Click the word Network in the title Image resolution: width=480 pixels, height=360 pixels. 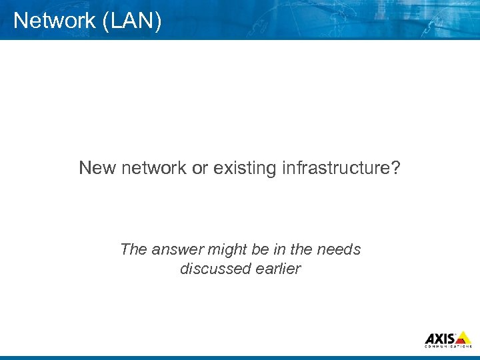[x=54, y=21]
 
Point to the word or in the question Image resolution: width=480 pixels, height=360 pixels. [x=200, y=168]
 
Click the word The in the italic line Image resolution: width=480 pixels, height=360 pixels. [x=133, y=250]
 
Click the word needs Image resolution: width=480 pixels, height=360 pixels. [x=339, y=250]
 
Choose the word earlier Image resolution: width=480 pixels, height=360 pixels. [x=278, y=269]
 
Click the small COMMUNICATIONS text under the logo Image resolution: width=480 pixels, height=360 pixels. [x=448, y=347]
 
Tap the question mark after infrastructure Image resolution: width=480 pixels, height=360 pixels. [x=396, y=168]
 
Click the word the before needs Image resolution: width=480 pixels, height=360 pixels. [x=301, y=250]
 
